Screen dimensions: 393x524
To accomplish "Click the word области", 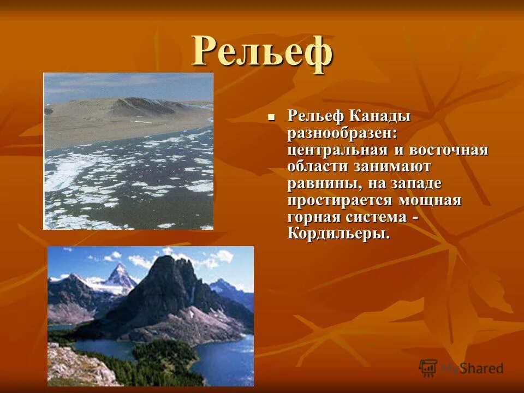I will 317,166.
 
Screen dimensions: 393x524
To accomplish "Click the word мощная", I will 431,200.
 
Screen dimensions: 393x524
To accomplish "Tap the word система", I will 383,217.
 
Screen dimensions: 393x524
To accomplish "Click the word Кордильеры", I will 338,234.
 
